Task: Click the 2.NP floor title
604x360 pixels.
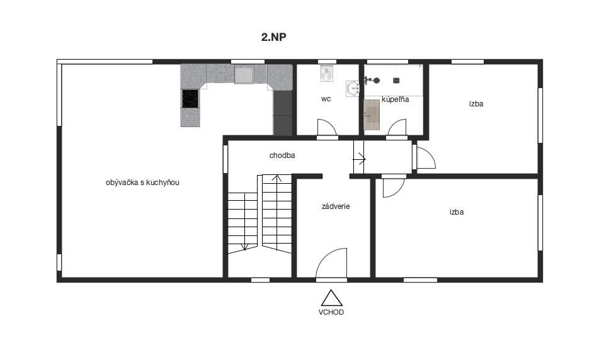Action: pos(273,37)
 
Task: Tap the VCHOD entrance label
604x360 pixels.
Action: pos(331,312)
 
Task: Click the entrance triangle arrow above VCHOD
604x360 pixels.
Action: pos(332,298)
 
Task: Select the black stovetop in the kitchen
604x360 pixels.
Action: pos(190,99)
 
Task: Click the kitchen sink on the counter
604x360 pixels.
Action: pos(244,75)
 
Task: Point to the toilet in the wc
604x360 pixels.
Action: pos(327,73)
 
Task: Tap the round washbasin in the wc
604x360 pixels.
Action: pos(353,89)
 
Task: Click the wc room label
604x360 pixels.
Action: pos(326,99)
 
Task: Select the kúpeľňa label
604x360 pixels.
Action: pos(396,99)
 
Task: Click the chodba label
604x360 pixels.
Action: pos(282,155)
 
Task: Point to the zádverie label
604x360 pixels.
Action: pos(336,206)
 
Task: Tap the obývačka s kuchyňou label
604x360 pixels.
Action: pos(142,183)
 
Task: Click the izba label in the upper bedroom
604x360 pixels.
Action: pos(476,104)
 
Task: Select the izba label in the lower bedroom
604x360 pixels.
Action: pos(457,211)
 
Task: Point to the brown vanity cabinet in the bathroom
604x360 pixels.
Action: pos(372,115)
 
